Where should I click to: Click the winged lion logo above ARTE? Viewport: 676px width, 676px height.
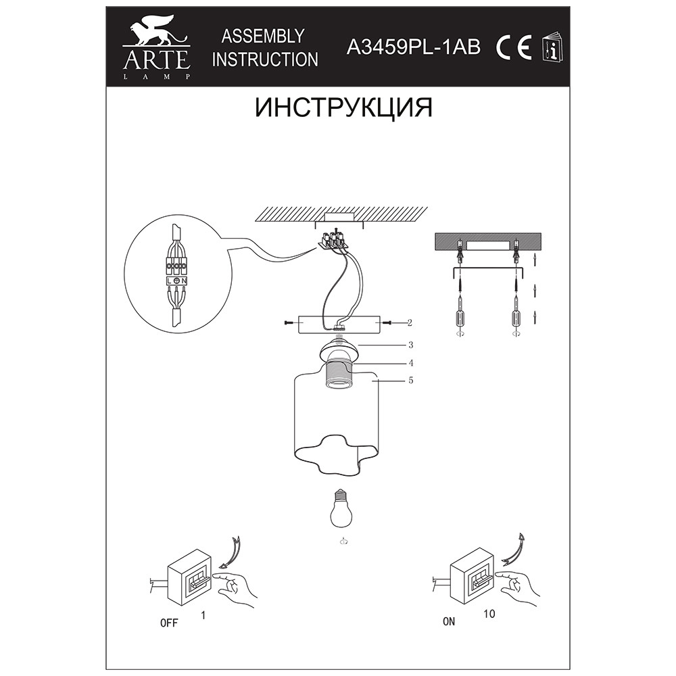156,32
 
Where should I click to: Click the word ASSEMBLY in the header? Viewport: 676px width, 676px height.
263,37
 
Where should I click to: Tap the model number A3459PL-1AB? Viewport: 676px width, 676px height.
414,47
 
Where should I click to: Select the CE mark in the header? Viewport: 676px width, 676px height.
514,48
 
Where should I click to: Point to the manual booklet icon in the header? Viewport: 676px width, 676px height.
552,47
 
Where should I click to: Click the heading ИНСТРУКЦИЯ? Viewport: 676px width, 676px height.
343,107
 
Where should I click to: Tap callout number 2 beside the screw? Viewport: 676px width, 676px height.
410,322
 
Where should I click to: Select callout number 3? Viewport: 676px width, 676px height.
411,345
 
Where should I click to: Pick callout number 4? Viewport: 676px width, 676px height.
411,363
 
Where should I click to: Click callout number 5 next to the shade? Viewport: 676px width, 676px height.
411,380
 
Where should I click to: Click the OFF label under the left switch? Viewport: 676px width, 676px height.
168,623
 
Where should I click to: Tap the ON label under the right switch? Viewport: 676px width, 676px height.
449,621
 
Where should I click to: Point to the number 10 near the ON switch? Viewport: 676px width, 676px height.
489,614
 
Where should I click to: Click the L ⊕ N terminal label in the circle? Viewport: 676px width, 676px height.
176,281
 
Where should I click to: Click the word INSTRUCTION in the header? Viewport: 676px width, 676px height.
265,59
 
